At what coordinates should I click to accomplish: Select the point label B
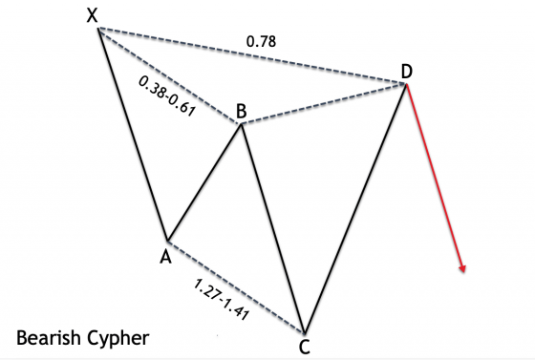242,112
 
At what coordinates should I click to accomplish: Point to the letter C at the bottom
304,347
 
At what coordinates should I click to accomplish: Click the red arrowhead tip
462,272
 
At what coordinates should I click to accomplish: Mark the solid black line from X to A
132,134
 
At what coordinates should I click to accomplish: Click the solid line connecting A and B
204,181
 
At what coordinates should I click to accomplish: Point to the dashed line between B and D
325,103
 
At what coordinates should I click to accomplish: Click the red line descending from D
435,177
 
